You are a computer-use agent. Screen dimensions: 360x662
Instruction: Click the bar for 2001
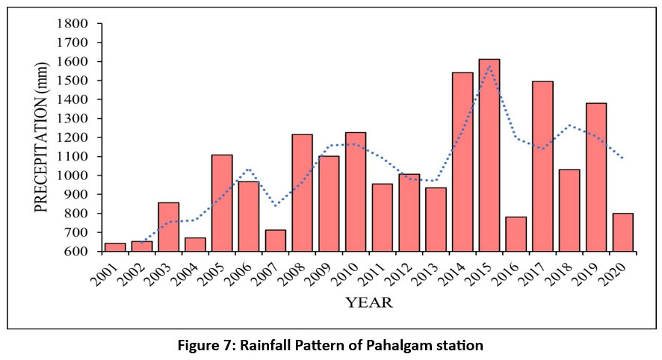(x=115, y=247)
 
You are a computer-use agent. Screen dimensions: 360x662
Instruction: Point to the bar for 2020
(x=622, y=232)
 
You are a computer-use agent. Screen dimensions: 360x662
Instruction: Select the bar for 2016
(x=516, y=234)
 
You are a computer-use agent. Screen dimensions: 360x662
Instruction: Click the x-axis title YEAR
(x=368, y=303)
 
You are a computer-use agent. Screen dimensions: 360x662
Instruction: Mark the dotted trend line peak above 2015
(x=489, y=66)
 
